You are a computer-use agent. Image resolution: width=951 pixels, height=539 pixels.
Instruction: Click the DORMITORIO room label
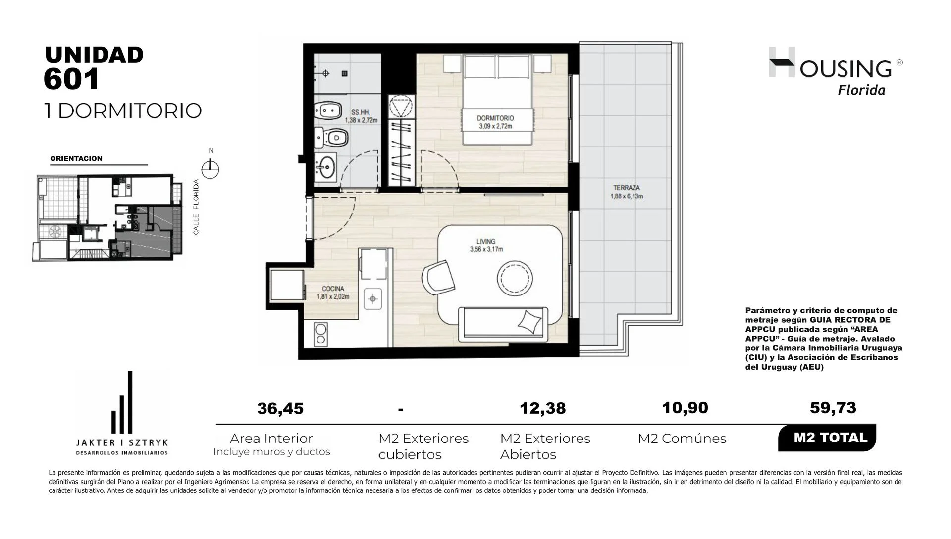(495, 118)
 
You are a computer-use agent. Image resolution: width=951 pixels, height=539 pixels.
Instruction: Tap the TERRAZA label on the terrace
(627, 188)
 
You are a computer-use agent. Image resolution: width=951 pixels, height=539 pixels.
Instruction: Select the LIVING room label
(486, 242)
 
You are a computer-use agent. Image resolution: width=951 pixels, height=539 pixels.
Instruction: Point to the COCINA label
(333, 289)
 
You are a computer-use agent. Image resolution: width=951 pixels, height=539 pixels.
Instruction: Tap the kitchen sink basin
(372, 299)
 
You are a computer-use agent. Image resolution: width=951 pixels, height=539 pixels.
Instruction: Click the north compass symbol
(211, 168)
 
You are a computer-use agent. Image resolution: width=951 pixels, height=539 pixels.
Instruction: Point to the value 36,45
(280, 409)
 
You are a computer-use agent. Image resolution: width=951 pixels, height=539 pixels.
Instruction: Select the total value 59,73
(833, 408)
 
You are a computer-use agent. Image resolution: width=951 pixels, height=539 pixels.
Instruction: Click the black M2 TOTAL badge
(827, 438)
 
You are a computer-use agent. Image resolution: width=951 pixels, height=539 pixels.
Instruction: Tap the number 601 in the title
(72, 78)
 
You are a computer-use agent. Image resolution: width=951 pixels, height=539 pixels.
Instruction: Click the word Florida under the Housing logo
(861, 90)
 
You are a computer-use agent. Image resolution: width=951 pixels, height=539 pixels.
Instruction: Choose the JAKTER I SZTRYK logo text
(121, 441)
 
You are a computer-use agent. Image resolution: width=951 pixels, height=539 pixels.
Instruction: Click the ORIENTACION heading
(76, 159)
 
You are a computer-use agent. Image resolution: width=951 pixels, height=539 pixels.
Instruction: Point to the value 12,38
(543, 408)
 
